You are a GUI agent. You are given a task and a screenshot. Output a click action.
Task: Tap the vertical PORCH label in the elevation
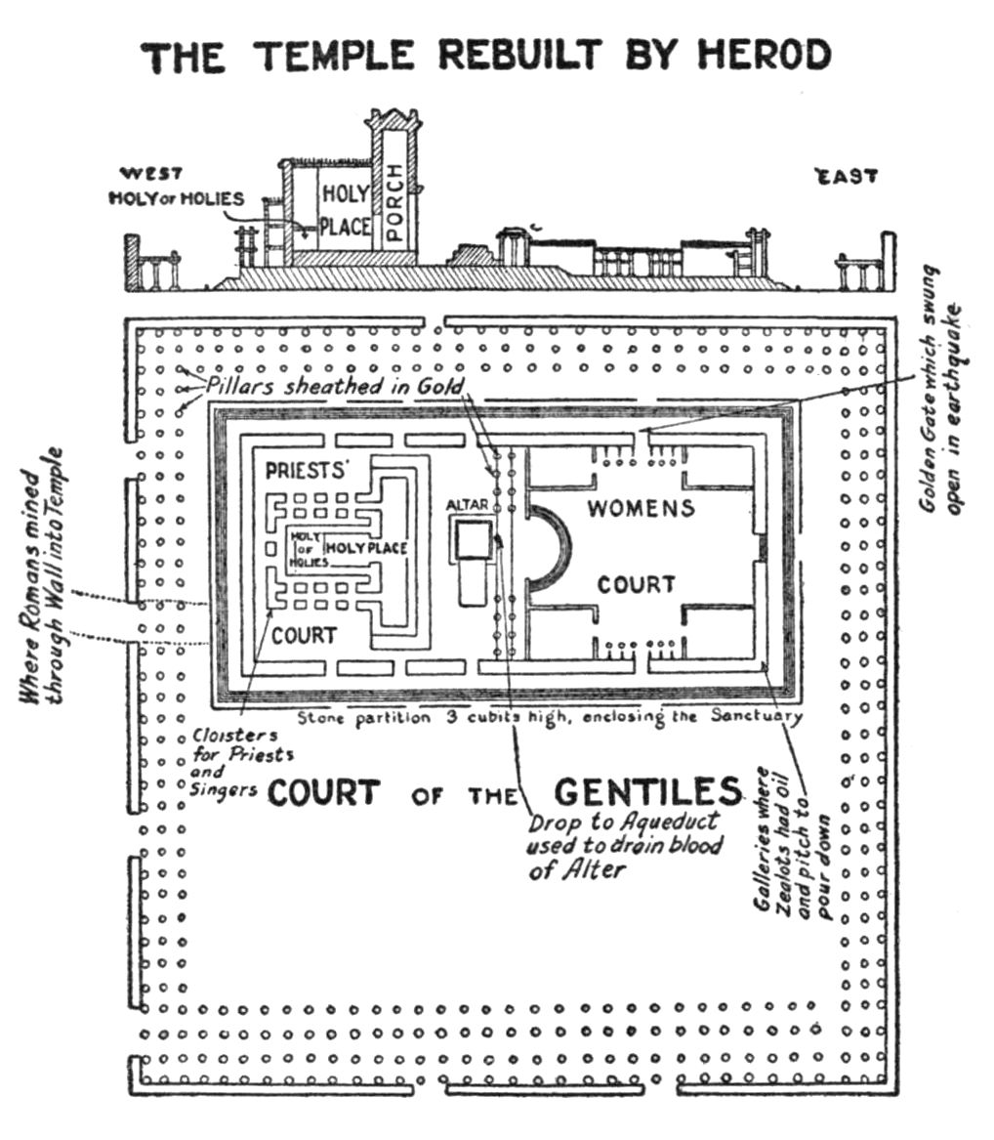coord(394,200)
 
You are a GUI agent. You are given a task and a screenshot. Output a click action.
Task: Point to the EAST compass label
coord(847,177)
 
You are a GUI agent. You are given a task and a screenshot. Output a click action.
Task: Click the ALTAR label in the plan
coord(467,504)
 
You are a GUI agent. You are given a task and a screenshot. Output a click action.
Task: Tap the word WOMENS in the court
coord(641,508)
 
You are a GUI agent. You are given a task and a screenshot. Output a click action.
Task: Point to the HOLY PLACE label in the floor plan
coord(365,549)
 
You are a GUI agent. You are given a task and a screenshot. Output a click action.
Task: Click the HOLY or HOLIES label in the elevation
coord(176,198)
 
